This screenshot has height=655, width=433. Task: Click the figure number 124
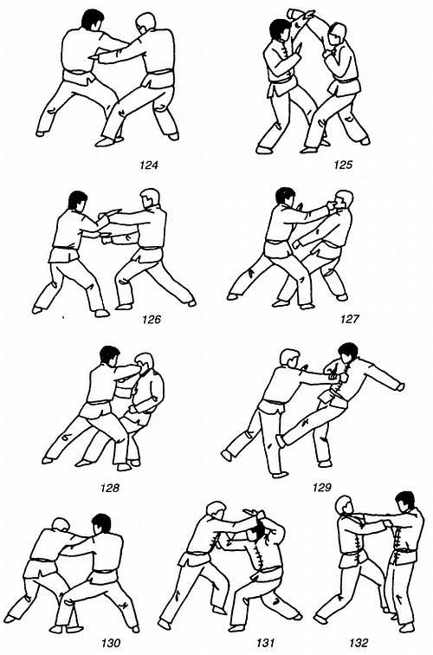point(149,165)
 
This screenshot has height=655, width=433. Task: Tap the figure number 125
point(343,164)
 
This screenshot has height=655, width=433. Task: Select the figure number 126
point(152,320)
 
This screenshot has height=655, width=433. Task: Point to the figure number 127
point(350,319)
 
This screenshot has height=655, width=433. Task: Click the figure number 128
point(109,488)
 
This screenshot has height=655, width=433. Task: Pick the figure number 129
point(321,487)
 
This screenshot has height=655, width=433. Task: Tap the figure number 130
point(111,643)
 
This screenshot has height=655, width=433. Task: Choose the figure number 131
point(266,643)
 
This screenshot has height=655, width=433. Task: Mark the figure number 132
point(359,643)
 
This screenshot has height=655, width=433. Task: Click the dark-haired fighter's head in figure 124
point(93,20)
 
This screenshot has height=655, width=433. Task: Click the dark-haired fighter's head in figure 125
point(280,29)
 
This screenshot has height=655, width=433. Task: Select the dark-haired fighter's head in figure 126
point(78,200)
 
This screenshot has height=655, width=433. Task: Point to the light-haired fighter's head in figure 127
point(344,200)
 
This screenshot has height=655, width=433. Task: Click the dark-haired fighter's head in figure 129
point(348,353)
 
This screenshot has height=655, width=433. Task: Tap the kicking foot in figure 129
point(281,441)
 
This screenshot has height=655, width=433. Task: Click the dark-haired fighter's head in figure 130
point(101,524)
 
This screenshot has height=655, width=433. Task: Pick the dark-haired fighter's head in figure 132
point(405,502)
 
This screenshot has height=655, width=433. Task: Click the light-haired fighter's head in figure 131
point(216,512)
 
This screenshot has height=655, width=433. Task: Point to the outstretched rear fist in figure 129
point(400,386)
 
